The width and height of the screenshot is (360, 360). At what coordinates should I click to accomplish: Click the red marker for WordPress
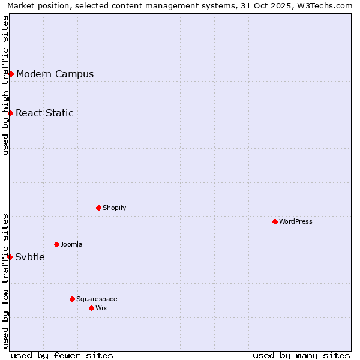275,221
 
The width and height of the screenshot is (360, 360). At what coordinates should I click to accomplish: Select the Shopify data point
98,208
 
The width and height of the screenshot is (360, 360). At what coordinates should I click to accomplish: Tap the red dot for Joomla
56,244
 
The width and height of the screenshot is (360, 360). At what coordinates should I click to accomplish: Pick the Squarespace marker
72,299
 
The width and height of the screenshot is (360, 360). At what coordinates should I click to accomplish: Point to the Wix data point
91,308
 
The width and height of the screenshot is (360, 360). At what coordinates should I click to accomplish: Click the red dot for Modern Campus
11,74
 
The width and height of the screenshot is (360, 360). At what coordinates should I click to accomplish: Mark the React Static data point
10,113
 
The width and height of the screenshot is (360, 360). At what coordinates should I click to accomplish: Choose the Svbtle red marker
10,257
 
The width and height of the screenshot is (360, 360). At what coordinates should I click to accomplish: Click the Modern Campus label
55,74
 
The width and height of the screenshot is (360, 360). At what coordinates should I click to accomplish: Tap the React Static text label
45,113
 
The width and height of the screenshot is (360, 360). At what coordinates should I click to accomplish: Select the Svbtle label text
30,257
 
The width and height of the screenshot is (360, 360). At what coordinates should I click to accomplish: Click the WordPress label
296,222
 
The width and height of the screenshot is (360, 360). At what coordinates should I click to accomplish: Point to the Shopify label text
115,208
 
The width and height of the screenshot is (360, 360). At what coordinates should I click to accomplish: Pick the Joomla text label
71,245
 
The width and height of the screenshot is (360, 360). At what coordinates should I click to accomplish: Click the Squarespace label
97,299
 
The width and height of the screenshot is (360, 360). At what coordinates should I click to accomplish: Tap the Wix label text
101,308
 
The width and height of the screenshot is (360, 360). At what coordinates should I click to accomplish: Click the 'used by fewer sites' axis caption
62,355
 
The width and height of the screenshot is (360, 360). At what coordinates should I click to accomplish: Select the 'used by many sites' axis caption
301,355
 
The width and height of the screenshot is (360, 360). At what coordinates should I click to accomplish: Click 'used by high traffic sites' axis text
5,85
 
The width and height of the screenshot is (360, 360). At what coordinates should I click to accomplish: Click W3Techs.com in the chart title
326,5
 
